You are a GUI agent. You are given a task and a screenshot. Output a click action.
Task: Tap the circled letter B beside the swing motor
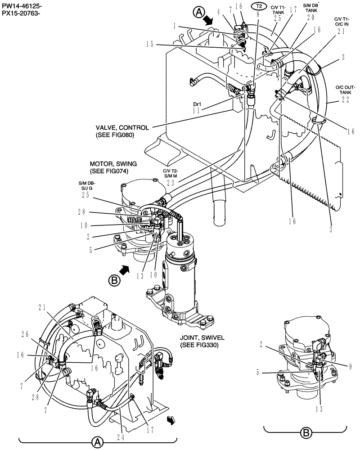pyautogui.click(x=114, y=280)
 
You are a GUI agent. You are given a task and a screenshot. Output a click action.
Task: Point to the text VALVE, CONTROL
pyautogui.click(x=114, y=127)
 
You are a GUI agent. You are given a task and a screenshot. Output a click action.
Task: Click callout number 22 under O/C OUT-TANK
pyautogui.click(x=345, y=100)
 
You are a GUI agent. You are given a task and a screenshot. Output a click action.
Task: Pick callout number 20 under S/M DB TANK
pyautogui.click(x=310, y=17)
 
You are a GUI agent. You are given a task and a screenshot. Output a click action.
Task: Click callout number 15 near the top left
pyautogui.click(x=149, y=44)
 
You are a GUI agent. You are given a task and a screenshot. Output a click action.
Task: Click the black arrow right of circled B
pyautogui.click(x=126, y=270)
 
